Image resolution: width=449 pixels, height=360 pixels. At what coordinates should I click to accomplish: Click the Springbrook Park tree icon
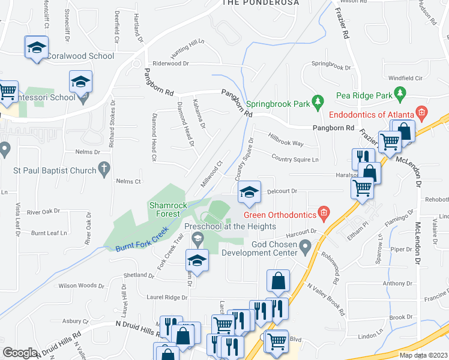click(318, 104)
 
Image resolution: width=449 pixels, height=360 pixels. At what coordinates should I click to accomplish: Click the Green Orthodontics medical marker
click(324, 212)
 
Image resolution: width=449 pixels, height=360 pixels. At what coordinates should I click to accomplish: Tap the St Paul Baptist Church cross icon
click(104, 170)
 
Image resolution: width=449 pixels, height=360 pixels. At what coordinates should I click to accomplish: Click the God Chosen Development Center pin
click(306, 245)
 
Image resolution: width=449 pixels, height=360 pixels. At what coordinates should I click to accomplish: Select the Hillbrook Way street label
click(286, 140)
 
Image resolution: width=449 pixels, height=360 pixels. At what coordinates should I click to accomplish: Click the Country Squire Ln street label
click(295, 158)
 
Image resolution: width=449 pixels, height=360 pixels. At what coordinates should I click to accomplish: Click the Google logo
click(19, 353)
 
